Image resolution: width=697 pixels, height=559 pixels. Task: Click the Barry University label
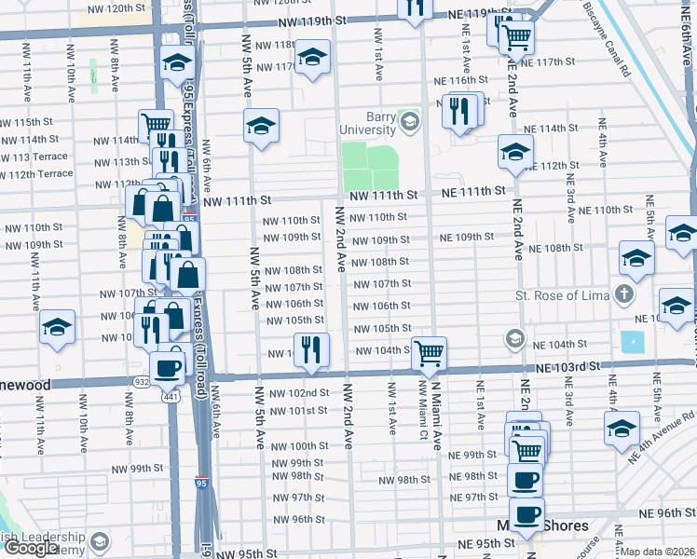click(x=367, y=123)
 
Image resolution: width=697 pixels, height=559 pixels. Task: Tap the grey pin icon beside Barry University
click(x=408, y=120)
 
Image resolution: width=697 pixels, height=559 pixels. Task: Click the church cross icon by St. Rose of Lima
click(x=623, y=295)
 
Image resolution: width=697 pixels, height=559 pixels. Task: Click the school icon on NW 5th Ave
click(x=262, y=126)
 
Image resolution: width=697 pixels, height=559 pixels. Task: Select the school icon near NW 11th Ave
click(x=57, y=328)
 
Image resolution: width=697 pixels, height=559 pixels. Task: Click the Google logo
click(x=31, y=548)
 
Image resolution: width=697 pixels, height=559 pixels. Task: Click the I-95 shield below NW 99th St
click(x=202, y=483)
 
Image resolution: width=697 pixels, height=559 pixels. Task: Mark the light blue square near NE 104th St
click(x=632, y=342)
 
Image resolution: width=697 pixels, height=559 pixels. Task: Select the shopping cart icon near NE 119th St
click(x=515, y=37)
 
